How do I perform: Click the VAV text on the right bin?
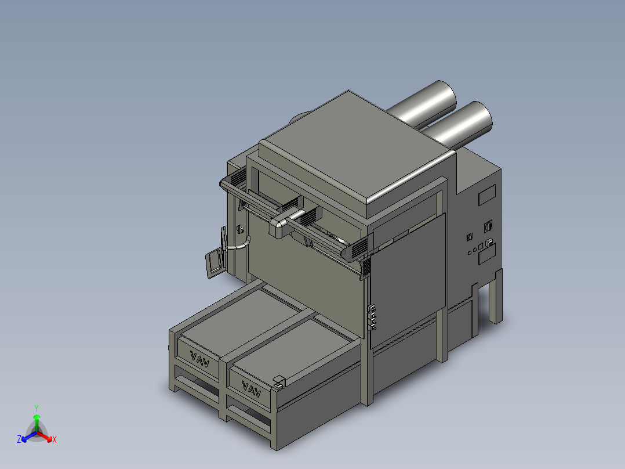[250, 387]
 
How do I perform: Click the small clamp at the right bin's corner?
[279, 381]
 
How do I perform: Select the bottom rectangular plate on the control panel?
[486, 254]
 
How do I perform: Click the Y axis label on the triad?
[36, 408]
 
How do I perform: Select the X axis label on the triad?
[54, 440]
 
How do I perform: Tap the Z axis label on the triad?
[19, 440]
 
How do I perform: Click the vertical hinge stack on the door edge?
[373, 317]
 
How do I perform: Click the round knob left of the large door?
[238, 230]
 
